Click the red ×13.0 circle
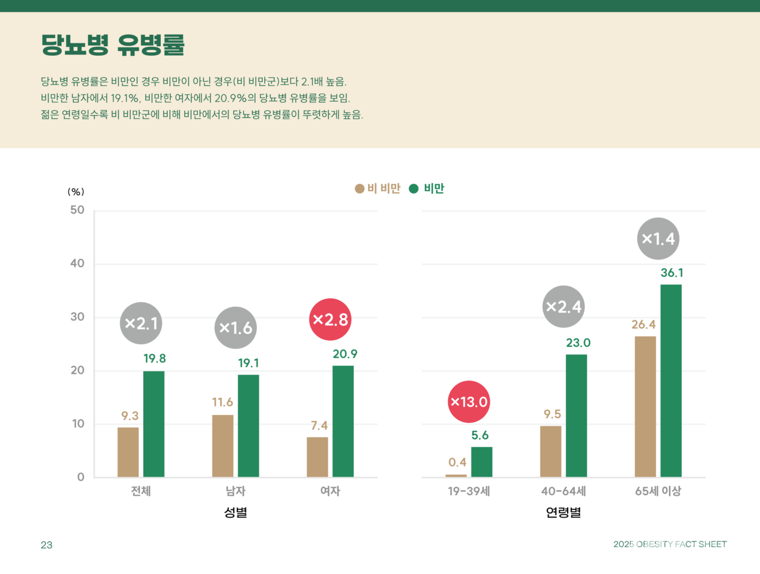pos(469,402)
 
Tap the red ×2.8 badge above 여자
pos(331,319)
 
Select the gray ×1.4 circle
pos(658,239)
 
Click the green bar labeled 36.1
pos(671,380)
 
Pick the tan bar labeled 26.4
pos(645,407)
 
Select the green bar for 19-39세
pos(482,462)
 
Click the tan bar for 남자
pos(223,446)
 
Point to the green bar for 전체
pos(154,424)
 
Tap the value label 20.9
pos(345,354)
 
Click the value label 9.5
pos(552,414)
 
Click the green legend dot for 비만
pos(414,189)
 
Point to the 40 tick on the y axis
pos(77,264)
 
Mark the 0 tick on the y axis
pos(81,477)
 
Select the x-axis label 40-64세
pos(563,491)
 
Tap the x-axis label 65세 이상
pos(658,491)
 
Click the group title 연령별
pos(563,512)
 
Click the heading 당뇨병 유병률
pos(113,45)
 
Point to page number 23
pos(46,545)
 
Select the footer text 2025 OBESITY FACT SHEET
pos(670,544)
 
